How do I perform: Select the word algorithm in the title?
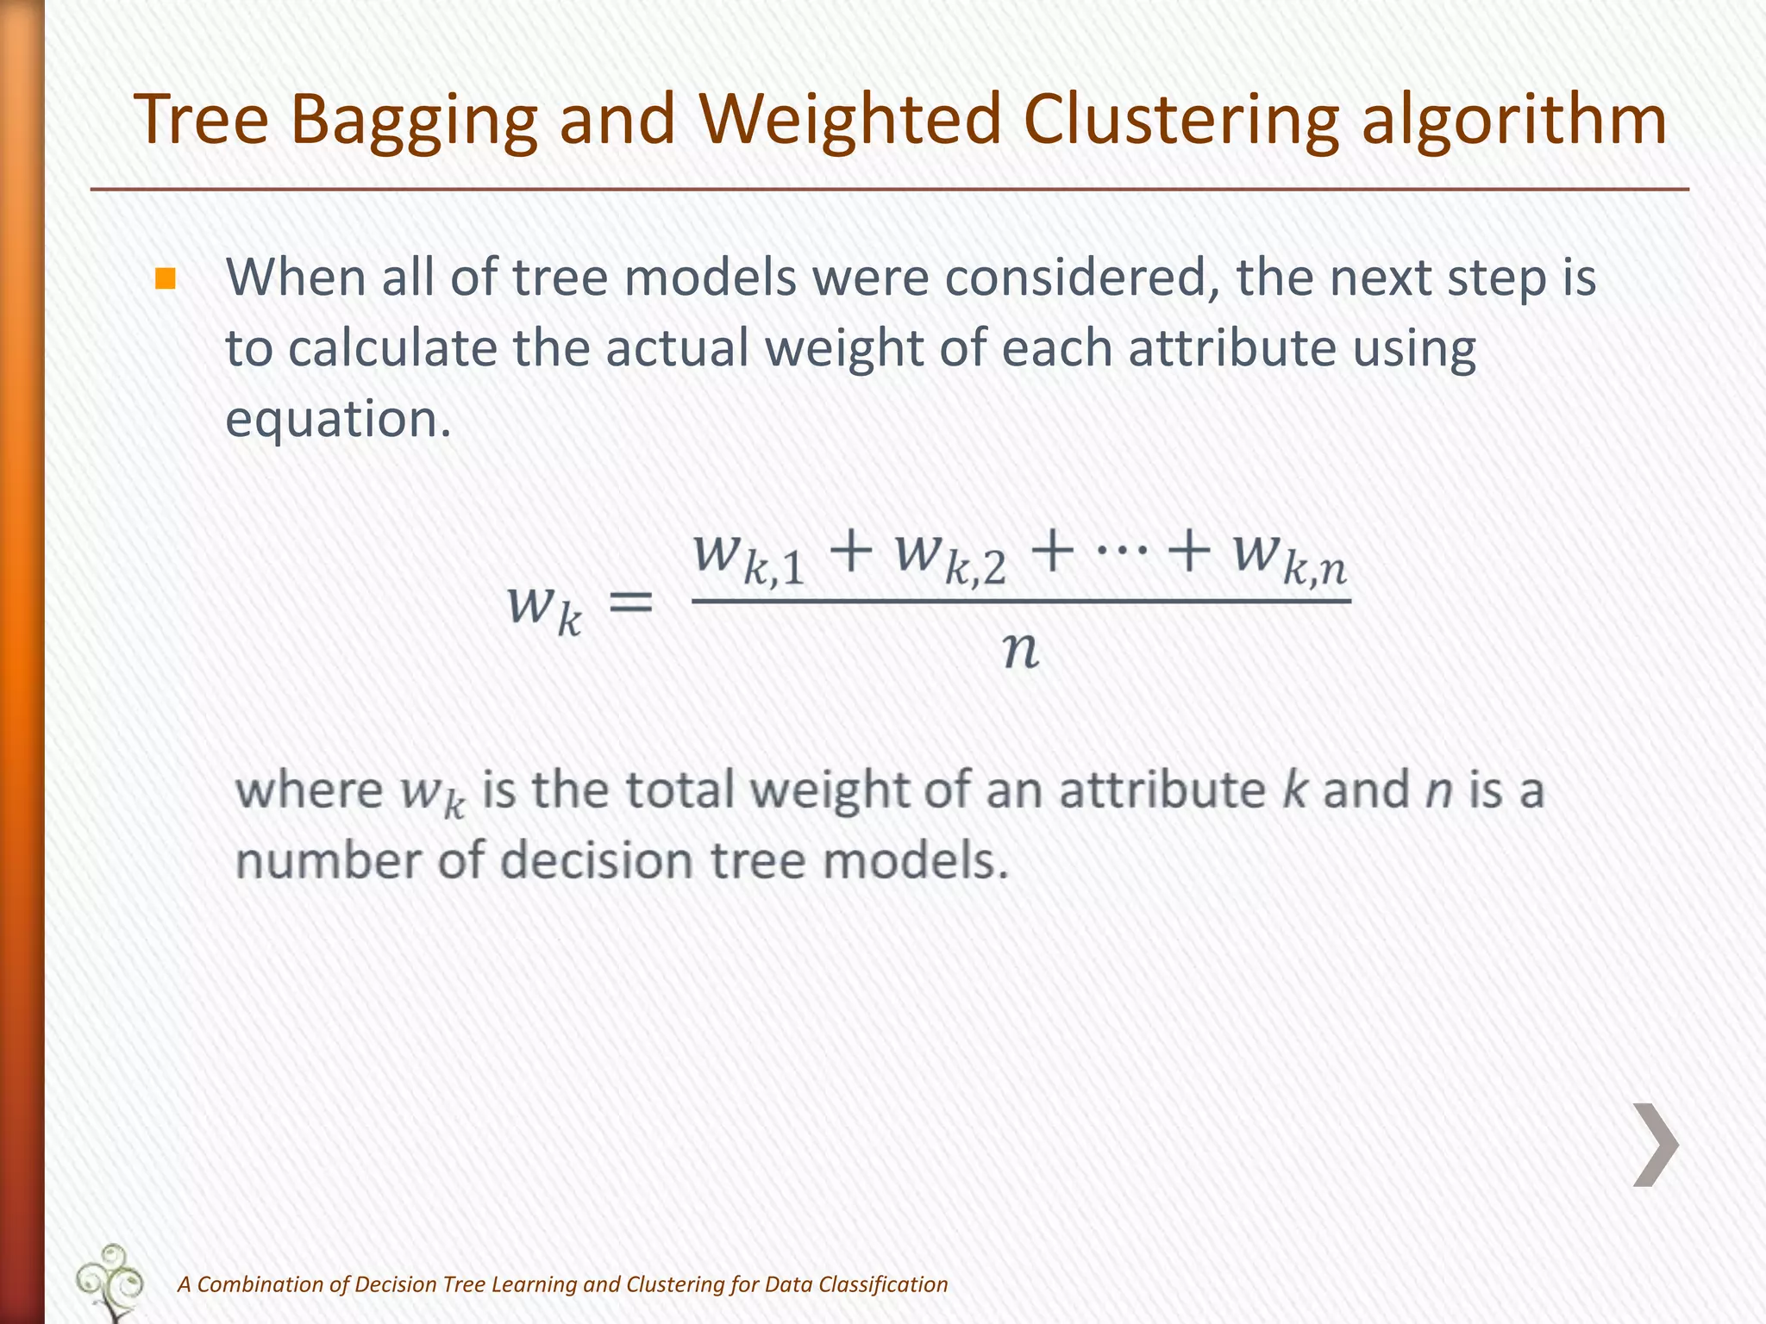point(1513,121)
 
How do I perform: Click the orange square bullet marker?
point(165,279)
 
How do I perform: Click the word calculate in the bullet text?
point(392,348)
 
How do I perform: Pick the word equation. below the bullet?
point(338,420)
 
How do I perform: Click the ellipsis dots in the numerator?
point(1120,549)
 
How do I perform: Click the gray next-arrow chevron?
point(1656,1145)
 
